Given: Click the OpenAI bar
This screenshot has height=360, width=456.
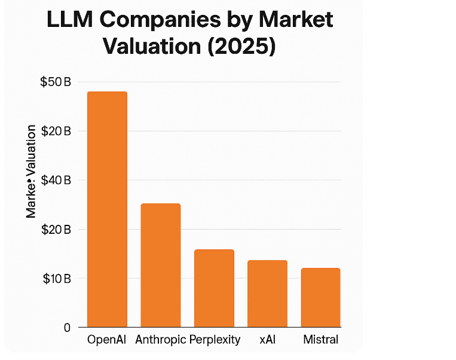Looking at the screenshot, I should [x=107, y=209].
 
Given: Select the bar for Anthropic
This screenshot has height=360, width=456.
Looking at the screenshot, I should [x=160, y=265].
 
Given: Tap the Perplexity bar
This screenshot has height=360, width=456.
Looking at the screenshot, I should [x=214, y=288].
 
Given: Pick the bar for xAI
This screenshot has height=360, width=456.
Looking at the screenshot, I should [x=267, y=294].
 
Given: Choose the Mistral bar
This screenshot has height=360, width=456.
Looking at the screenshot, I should [x=320, y=297].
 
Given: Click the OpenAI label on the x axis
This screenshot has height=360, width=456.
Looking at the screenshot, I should [x=107, y=340].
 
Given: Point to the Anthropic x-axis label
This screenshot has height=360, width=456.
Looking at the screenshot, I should [x=160, y=340].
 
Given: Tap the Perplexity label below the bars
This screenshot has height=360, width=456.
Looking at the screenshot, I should [x=215, y=340].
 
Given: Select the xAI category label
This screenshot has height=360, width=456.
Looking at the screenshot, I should [x=267, y=340].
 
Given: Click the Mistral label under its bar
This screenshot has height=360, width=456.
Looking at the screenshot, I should [x=320, y=340].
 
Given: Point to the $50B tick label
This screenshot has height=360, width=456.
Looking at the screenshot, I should [x=56, y=82].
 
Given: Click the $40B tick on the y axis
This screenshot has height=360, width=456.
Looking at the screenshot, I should [x=56, y=180].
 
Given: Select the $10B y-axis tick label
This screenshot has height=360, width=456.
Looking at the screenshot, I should [x=56, y=278].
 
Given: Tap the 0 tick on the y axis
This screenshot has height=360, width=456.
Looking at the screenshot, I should [x=66, y=328].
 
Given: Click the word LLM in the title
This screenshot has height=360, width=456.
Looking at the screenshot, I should [x=70, y=20].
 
